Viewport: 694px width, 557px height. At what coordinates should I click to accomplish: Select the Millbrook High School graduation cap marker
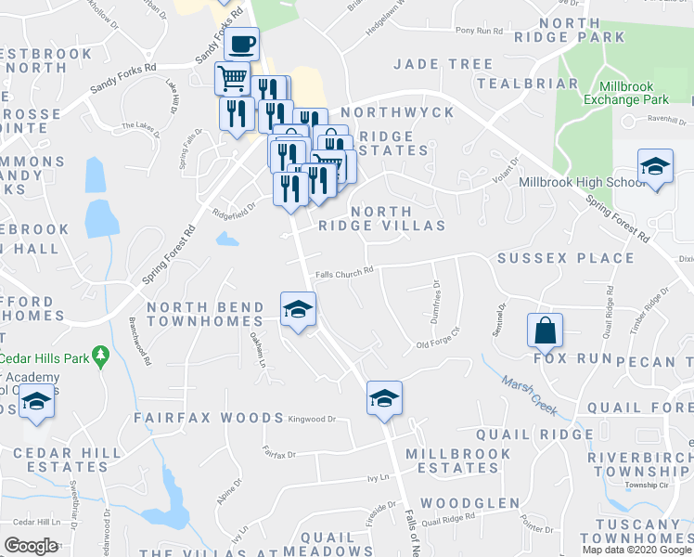[655, 166]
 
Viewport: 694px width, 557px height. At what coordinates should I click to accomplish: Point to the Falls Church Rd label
[343, 272]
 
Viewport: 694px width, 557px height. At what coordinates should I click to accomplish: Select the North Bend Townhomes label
[205, 314]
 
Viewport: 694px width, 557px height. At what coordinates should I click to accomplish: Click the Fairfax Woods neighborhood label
[208, 419]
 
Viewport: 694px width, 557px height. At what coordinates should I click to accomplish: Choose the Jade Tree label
[443, 64]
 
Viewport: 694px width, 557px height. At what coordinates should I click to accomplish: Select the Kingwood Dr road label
[312, 420]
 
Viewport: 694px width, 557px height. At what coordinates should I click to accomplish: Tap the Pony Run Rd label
[480, 31]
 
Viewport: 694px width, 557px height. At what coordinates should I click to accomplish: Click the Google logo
[32, 545]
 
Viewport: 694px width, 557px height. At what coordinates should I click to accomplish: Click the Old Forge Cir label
[438, 343]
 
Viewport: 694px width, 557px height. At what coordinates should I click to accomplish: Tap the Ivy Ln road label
[376, 478]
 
